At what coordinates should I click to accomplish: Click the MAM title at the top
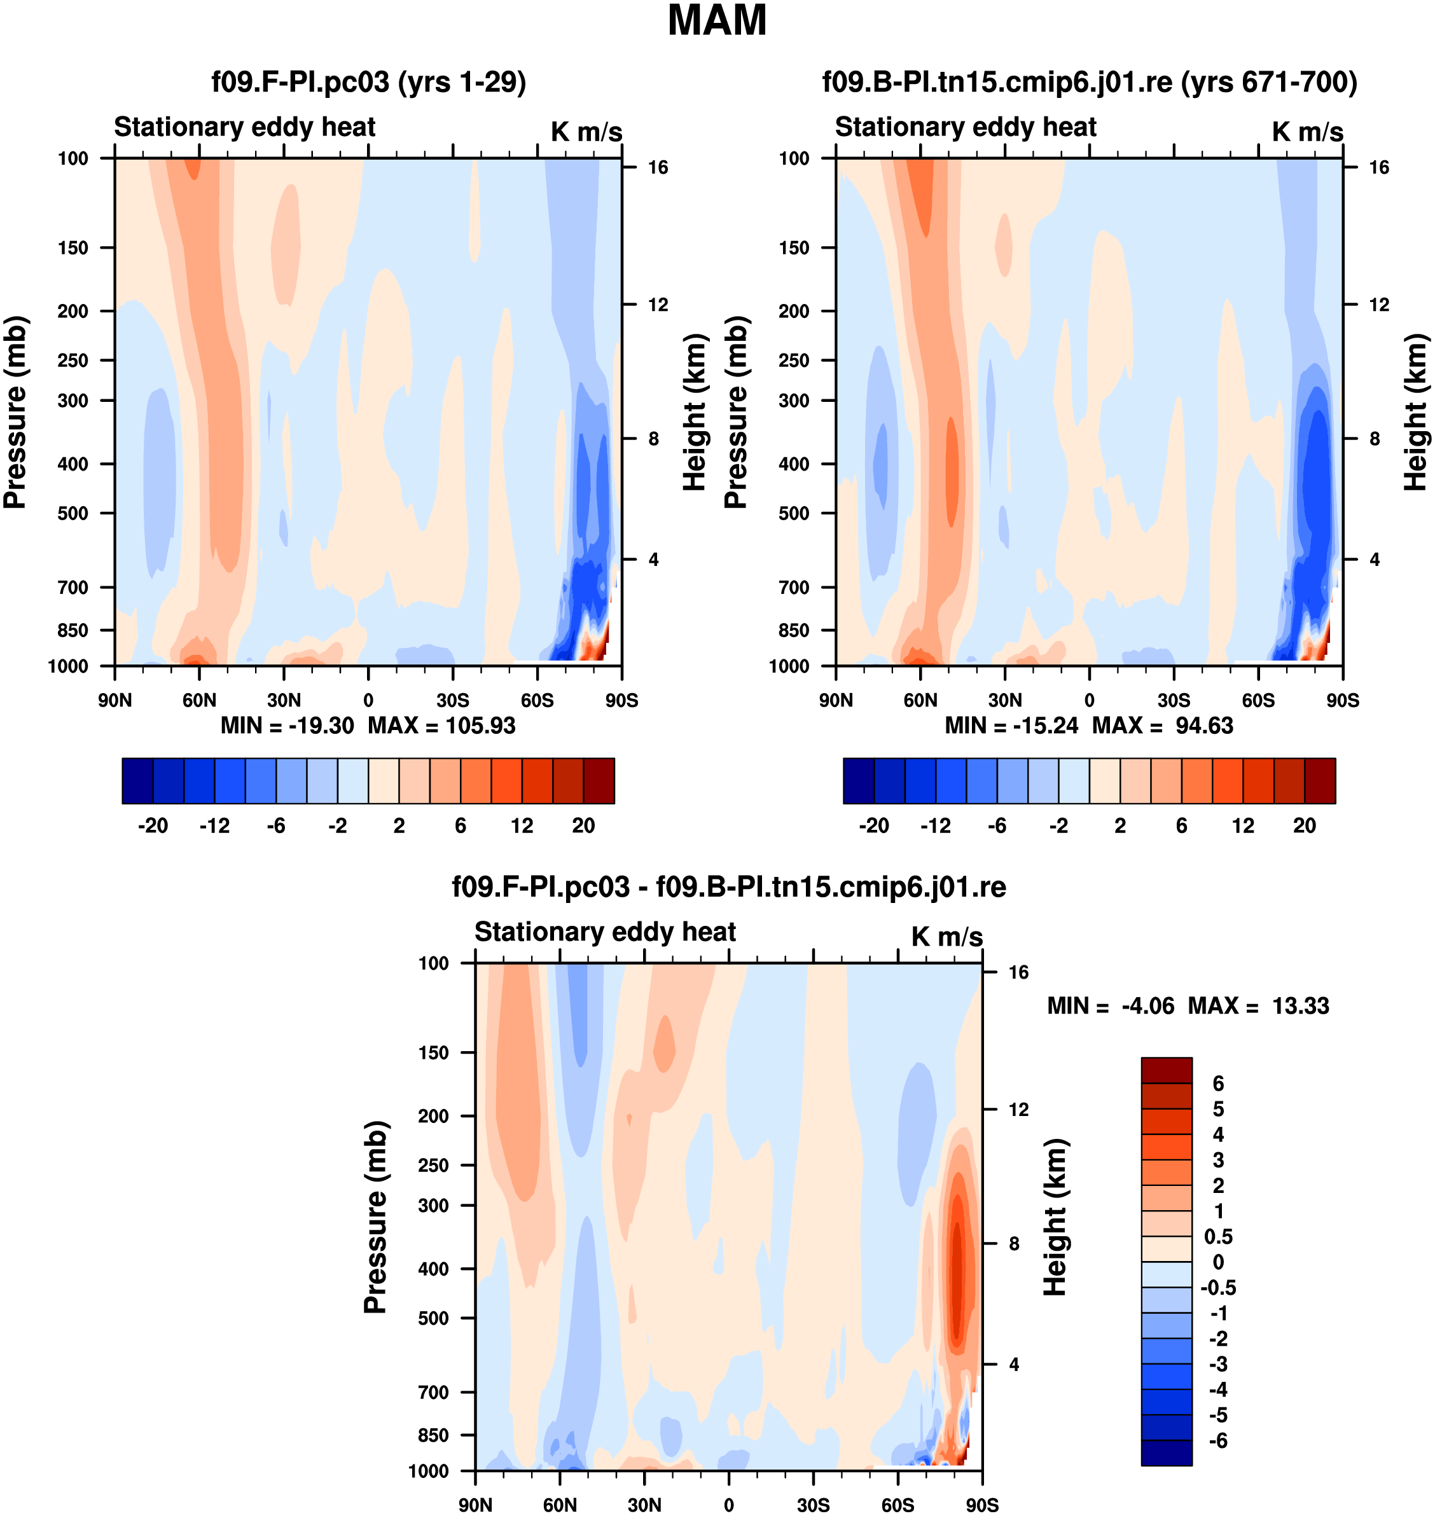click(717, 20)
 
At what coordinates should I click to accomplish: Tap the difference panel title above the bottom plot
click(728, 886)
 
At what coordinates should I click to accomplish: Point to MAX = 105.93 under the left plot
click(441, 725)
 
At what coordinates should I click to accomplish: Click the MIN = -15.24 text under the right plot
click(1011, 725)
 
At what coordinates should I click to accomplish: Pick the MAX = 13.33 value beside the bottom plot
click(1258, 1005)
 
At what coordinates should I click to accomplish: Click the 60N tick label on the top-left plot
click(199, 700)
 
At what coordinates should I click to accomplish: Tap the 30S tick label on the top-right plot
click(1174, 700)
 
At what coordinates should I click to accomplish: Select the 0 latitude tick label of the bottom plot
click(728, 1505)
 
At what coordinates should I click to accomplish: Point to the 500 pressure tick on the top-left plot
click(73, 513)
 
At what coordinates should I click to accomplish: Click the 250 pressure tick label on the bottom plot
click(433, 1165)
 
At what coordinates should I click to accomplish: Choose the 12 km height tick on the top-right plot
click(1378, 305)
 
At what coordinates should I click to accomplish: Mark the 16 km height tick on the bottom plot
click(1018, 972)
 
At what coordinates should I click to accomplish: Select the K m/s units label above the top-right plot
click(1307, 132)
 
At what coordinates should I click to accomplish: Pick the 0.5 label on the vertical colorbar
click(1217, 1237)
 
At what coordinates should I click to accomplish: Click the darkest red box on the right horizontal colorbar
click(1319, 781)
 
